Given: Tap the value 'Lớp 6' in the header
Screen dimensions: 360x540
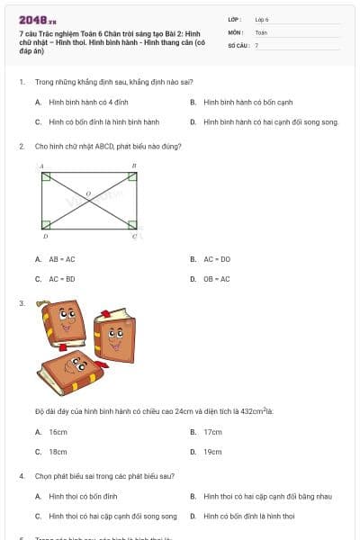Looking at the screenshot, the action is [x=262, y=19].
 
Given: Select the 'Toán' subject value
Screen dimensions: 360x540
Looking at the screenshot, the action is [x=261, y=31].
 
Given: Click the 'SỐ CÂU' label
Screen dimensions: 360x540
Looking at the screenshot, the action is [x=238, y=44].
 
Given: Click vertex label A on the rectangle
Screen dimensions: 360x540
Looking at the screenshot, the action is [x=41, y=166].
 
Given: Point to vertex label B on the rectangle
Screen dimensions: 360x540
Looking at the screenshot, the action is [x=134, y=166].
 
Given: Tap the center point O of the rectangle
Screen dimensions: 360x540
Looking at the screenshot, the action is [x=88, y=193].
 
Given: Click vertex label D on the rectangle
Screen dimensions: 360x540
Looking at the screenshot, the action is [x=45, y=236].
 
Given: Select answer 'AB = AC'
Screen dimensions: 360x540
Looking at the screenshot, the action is [x=61, y=259].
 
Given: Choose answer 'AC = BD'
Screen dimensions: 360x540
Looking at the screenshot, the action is [x=62, y=279].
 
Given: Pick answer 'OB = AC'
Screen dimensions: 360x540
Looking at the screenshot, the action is [x=217, y=279].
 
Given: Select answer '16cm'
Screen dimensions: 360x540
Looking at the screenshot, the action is [x=58, y=432].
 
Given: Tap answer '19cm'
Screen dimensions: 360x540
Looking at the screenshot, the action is [x=212, y=452].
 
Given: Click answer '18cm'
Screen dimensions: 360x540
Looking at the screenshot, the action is [x=58, y=452].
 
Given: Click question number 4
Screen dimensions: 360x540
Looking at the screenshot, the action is [x=22, y=475].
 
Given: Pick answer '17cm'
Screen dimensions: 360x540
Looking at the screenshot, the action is [x=212, y=432].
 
